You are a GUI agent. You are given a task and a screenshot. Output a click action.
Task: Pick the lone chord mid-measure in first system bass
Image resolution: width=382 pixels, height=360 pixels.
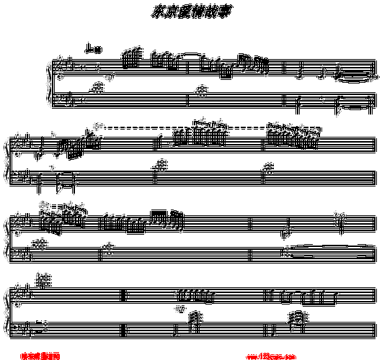point(201,90)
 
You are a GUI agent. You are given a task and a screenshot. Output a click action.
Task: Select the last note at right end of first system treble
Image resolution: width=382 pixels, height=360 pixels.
point(371,76)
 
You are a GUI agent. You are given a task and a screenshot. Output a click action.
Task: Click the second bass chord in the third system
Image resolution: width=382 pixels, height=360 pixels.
point(109,249)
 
